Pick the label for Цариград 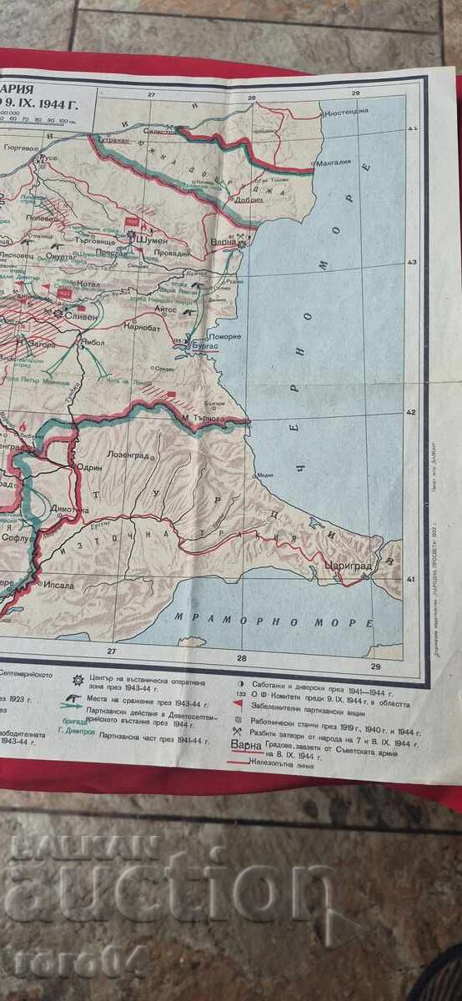pos(346,563)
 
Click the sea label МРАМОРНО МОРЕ pos(274,621)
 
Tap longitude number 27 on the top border pos(151,94)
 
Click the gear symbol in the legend pos(78,680)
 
